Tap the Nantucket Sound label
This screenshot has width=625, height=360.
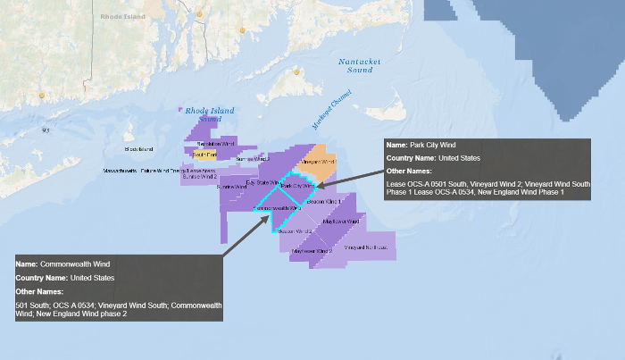[360, 65]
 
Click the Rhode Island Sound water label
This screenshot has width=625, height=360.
[203, 114]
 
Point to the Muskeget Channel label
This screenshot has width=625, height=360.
[332, 109]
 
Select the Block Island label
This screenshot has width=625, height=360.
[139, 148]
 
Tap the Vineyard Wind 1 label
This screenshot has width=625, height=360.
[318, 163]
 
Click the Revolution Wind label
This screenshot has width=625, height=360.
[214, 143]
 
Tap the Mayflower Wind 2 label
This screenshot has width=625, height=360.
[312, 252]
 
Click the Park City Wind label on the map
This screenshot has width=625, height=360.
[297, 186]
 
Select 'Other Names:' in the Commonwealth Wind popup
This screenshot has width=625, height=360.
[40, 291]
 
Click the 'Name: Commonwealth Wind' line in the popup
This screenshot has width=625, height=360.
[63, 264]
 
